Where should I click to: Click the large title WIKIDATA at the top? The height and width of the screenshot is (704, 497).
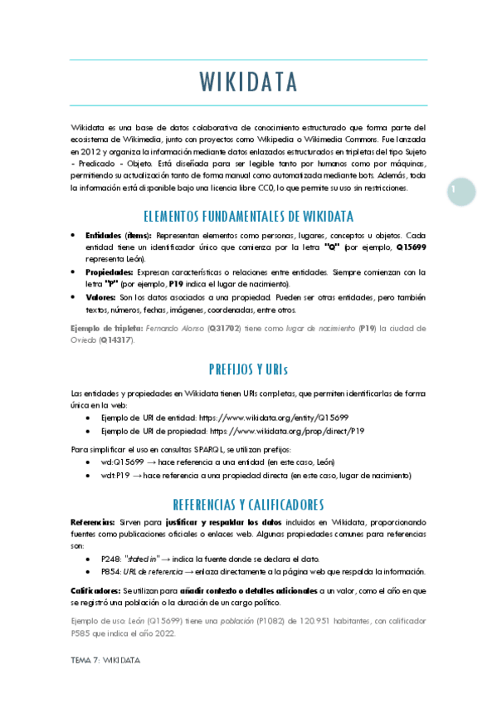point(249,83)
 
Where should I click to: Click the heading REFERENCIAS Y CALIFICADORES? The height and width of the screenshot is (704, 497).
point(249,504)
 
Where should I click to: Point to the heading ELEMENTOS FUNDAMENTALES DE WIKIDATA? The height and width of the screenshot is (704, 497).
point(249,217)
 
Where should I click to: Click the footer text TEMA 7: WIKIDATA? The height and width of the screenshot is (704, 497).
point(105,660)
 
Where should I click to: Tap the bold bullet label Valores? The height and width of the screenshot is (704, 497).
point(100,297)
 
